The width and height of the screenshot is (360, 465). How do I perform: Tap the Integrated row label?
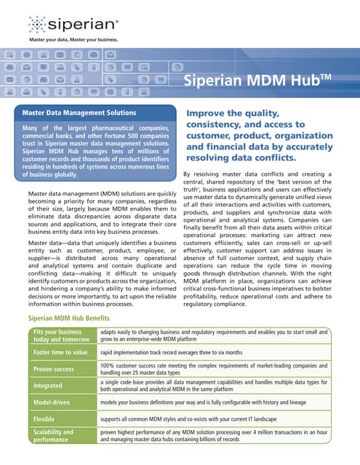coord(48,385)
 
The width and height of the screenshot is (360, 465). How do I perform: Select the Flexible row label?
coord(45,419)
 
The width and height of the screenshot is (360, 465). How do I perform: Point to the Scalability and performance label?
coord(55,436)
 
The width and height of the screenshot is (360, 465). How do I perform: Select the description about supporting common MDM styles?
coord(190,419)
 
